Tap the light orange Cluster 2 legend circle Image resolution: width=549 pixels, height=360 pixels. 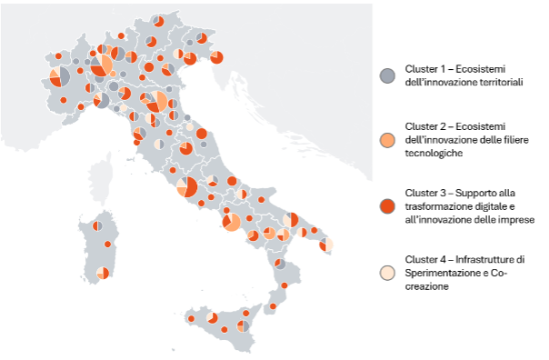387,140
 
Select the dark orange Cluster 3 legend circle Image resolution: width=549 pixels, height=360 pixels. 387,206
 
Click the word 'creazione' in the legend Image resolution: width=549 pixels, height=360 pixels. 426,286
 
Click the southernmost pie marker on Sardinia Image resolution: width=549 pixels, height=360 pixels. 104,273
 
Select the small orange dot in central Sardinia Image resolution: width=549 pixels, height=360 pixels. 109,244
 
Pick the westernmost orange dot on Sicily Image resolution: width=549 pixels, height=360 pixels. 192,319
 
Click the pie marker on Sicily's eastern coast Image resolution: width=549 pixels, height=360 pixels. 244,326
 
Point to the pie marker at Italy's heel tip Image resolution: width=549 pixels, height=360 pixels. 326,244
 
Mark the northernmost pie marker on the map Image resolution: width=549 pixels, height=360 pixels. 159,21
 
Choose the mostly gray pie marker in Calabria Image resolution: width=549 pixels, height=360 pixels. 280,265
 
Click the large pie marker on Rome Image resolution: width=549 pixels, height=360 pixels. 188,186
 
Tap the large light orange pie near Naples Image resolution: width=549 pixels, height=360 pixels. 231,222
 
